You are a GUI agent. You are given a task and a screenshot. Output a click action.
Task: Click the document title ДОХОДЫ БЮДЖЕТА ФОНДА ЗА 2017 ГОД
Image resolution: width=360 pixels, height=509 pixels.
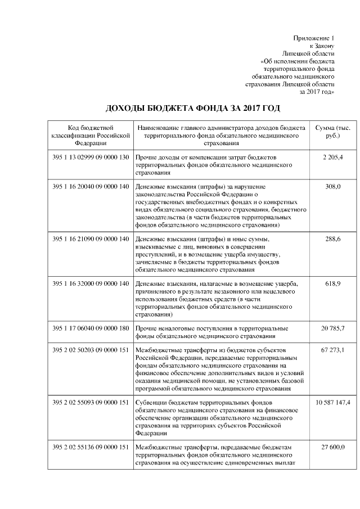(x=193, y=107)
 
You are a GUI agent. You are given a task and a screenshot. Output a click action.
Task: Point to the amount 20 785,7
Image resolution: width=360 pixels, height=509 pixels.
(x=332, y=328)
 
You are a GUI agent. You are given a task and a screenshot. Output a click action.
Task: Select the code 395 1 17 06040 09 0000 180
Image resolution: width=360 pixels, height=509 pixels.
(x=91, y=328)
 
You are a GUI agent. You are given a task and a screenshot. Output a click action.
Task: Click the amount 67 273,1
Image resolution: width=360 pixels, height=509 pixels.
(x=332, y=350)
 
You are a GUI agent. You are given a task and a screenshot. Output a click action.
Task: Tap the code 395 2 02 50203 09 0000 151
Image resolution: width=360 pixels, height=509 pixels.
(x=91, y=350)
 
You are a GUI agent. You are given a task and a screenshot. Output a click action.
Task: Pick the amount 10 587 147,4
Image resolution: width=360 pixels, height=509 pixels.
(x=332, y=403)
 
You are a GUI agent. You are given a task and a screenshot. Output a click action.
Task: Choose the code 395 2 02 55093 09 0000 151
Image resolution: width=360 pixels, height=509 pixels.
(x=91, y=403)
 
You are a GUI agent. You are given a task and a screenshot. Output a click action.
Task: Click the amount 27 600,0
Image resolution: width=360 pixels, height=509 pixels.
(x=332, y=447)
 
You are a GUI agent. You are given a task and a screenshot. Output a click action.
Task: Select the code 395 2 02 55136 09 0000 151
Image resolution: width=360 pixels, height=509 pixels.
(x=91, y=447)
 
